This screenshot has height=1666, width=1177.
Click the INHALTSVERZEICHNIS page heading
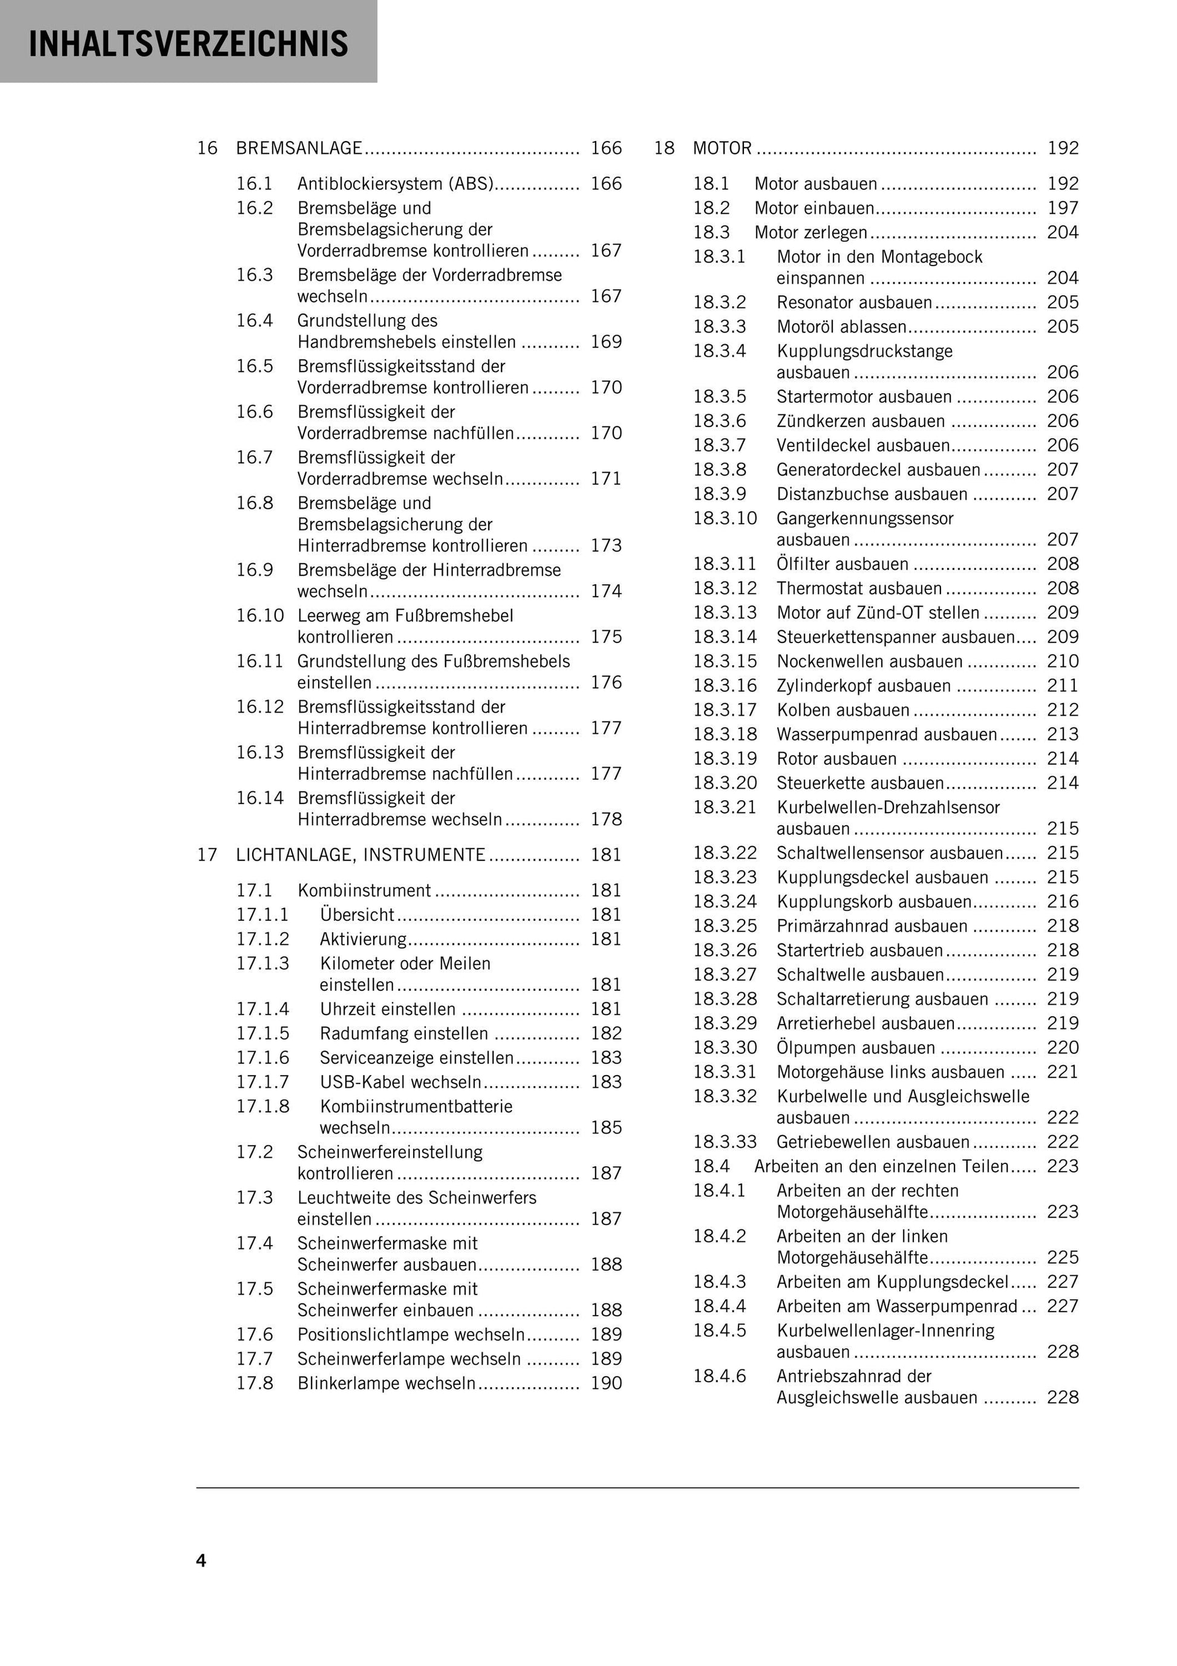(x=188, y=44)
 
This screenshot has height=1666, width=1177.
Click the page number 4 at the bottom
(x=201, y=1560)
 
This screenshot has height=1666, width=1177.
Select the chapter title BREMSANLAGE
(x=299, y=148)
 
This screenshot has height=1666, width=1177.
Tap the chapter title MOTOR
(x=722, y=148)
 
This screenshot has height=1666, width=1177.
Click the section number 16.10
(x=260, y=615)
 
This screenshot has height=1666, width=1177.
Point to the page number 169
(x=606, y=342)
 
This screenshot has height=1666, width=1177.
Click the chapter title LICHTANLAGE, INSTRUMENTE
(x=360, y=855)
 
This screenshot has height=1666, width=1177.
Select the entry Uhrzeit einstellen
(x=388, y=1008)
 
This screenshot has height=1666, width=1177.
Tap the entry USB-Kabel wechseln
(x=400, y=1082)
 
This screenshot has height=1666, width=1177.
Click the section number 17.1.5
(x=262, y=1033)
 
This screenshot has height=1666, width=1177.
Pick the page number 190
(x=606, y=1383)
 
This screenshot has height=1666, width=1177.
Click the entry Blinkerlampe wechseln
(x=386, y=1383)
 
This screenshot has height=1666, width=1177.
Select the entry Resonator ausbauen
(x=854, y=302)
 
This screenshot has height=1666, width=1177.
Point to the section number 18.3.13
(x=725, y=612)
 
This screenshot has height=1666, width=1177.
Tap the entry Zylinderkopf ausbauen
(x=864, y=686)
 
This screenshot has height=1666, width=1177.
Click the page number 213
(x=1062, y=734)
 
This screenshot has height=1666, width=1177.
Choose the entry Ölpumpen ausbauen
(x=856, y=1048)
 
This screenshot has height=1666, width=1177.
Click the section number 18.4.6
(x=719, y=1376)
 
